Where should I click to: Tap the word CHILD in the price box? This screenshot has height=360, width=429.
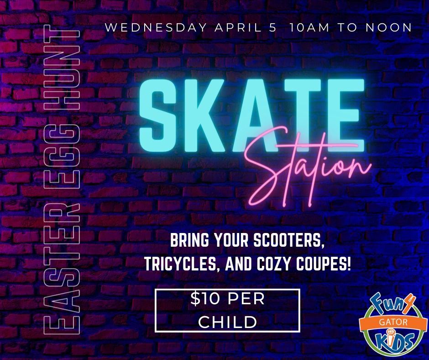tap(228, 322)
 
